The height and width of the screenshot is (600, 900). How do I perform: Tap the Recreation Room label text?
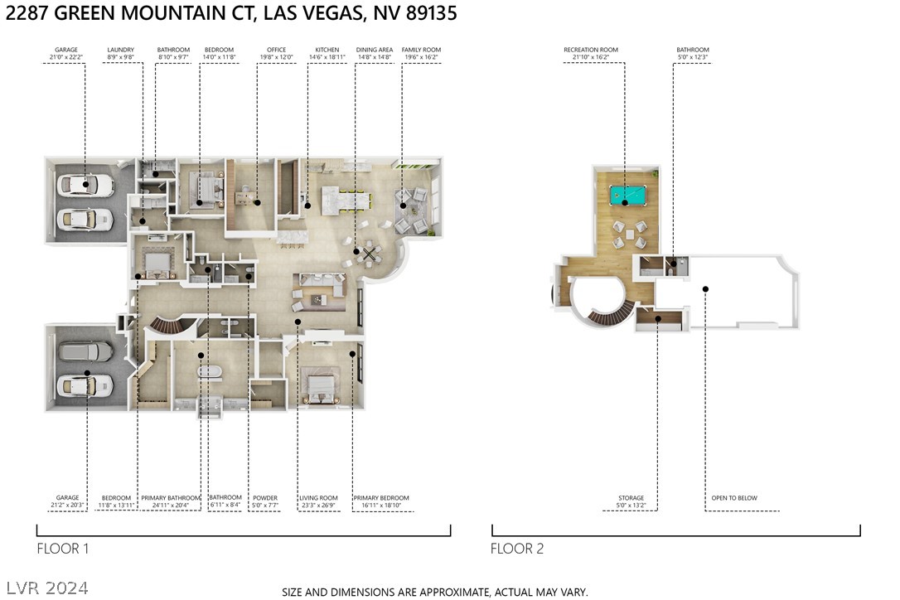click(x=591, y=50)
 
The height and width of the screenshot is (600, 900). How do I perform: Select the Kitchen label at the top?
click(x=327, y=50)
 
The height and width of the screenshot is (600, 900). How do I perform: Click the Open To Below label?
click(x=733, y=498)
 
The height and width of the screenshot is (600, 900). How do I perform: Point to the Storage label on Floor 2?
click(x=631, y=498)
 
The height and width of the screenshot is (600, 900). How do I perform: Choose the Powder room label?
click(x=265, y=498)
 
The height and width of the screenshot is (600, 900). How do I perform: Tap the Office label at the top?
click(x=276, y=50)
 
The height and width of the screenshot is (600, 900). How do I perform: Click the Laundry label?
click(x=120, y=50)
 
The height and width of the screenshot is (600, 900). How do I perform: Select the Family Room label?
click(x=421, y=50)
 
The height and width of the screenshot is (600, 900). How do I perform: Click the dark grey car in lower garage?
click(x=85, y=352)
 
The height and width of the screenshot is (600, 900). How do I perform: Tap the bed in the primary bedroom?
click(x=320, y=385)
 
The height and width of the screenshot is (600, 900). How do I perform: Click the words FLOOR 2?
click(x=517, y=549)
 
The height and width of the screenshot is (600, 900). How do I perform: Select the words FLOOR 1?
click(x=62, y=549)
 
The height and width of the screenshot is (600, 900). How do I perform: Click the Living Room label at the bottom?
click(x=318, y=498)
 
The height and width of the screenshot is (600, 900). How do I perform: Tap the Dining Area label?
click(x=375, y=50)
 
